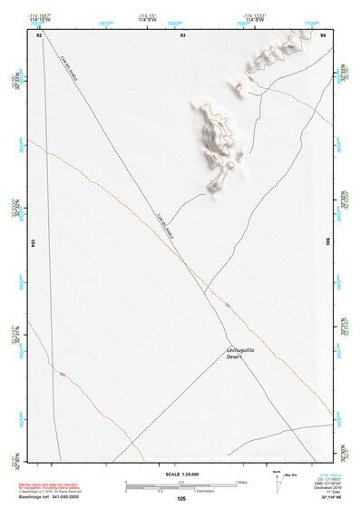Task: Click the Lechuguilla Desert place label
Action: pyautogui.click(x=238, y=354)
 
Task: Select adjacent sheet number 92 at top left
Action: pyautogui.click(x=38, y=34)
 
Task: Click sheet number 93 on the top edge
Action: pyautogui.click(x=182, y=34)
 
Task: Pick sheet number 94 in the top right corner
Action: pyautogui.click(x=324, y=34)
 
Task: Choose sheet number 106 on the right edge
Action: pyautogui.click(x=327, y=242)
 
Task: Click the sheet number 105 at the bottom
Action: pyautogui.click(x=181, y=498)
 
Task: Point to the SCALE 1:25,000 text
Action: pyautogui.click(x=181, y=473)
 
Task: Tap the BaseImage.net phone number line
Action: pyautogui.click(x=50, y=497)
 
